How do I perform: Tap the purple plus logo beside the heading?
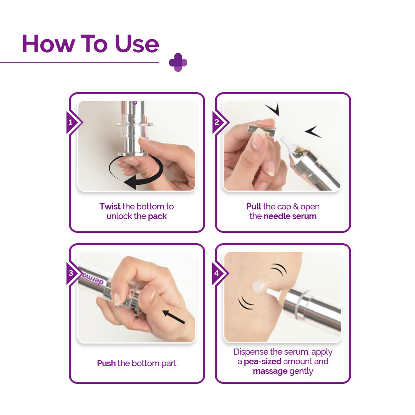(178, 62)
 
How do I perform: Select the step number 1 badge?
(71, 123)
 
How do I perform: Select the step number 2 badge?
(217, 123)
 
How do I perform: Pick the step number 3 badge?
(71, 274)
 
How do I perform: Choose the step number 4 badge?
(217, 274)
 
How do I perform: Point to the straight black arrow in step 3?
(173, 317)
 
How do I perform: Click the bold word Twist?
(110, 206)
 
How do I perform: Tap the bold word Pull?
(254, 206)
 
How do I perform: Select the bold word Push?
(106, 363)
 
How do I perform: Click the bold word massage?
(270, 371)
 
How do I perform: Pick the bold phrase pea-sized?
(262, 362)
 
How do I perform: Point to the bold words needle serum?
(290, 216)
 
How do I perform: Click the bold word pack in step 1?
(158, 216)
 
